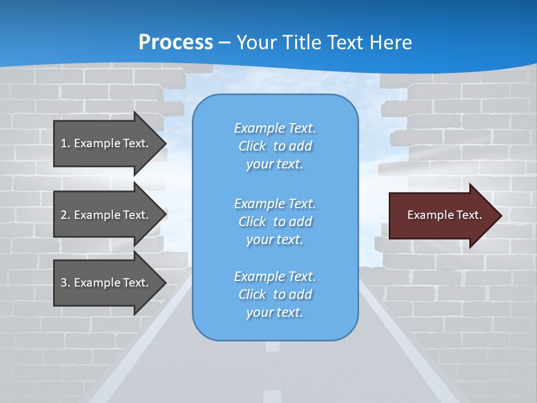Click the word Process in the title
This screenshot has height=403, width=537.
pos(176,42)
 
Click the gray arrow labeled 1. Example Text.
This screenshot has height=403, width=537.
pos(106,143)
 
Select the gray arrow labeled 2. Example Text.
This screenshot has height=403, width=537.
pos(106,215)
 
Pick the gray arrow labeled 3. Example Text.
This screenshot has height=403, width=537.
pos(106,283)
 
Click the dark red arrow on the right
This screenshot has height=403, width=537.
pos(442,215)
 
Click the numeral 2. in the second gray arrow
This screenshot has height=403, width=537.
pos(65,215)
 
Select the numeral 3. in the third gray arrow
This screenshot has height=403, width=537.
pos(65,283)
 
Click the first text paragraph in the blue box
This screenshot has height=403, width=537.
pos(275,146)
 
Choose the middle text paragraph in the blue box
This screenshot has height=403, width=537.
pos(275,222)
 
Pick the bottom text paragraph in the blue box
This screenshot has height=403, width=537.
pos(275,294)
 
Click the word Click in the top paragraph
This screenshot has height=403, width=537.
pos(252,146)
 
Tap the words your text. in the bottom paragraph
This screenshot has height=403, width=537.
pos(275,312)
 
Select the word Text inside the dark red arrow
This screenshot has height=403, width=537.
pos(470,215)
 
